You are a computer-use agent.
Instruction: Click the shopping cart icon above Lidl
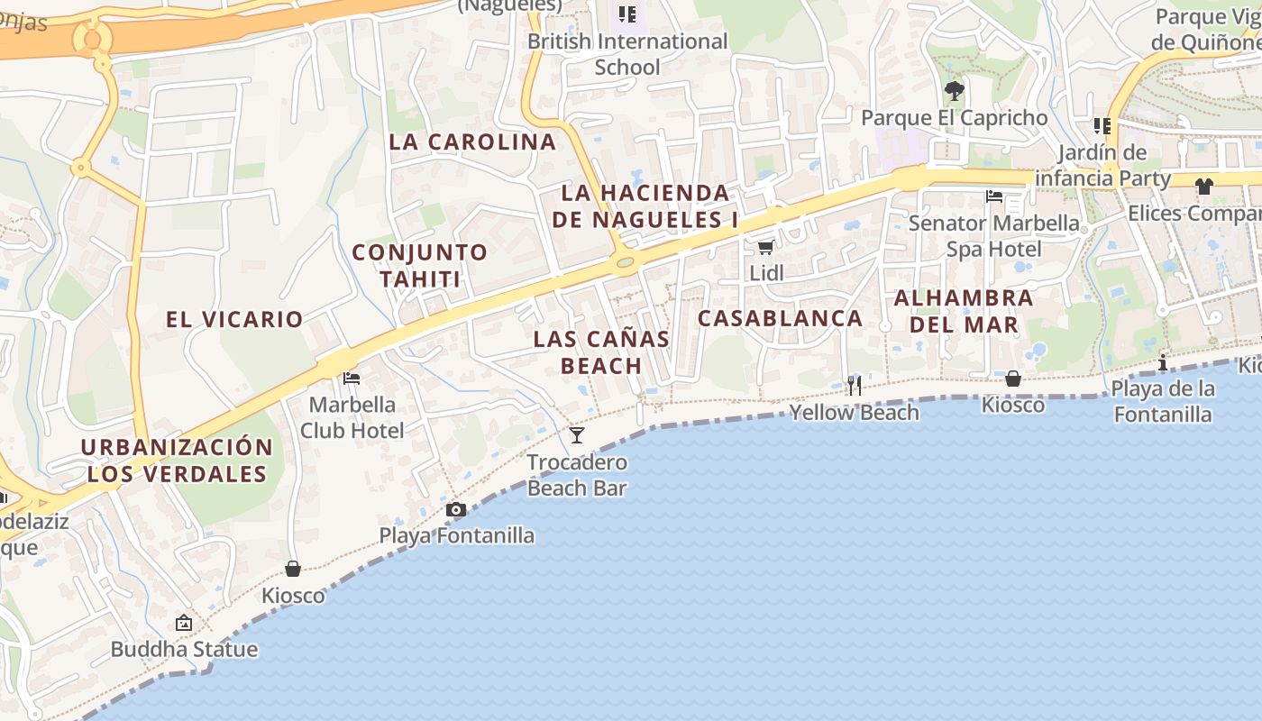coord(765,247)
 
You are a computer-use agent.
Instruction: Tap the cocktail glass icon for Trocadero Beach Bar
coord(577,435)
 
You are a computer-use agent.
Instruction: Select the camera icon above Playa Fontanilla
coord(456,510)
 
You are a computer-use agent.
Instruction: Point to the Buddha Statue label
coord(184,649)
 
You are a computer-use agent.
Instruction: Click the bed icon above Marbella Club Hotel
coord(352,379)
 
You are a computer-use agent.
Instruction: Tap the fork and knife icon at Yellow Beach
coord(855,386)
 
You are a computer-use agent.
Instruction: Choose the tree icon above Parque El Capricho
coord(955,91)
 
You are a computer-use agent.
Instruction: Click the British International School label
coord(627,54)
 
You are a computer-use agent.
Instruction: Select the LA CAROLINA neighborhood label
coord(473,141)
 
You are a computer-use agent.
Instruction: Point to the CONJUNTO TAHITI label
coord(420,265)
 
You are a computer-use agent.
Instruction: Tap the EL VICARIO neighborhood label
coord(234,319)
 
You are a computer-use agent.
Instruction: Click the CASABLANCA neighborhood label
coord(781,318)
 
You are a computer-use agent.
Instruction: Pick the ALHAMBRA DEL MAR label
coord(964,311)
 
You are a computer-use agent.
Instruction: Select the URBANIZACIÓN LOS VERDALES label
coord(177,461)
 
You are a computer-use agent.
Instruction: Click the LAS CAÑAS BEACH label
coord(601,352)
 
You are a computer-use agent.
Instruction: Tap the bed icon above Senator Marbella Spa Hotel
coord(994,196)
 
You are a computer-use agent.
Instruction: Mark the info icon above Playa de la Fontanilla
coord(1163,363)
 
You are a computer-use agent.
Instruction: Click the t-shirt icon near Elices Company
coord(1204,187)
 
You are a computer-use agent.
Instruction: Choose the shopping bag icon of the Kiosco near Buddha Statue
coord(293,569)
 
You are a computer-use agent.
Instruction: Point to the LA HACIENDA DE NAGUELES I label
coord(645,205)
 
